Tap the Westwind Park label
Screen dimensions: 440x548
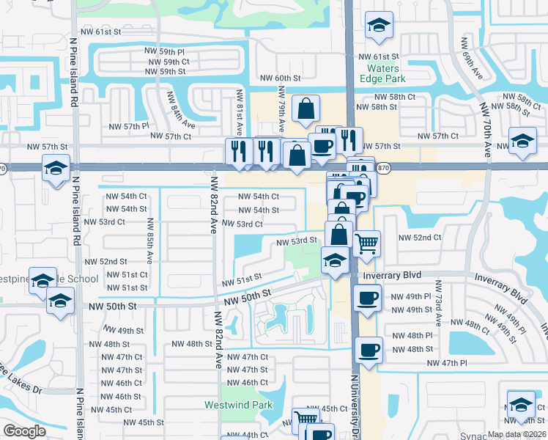(x=238, y=405)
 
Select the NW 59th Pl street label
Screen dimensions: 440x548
(x=165, y=51)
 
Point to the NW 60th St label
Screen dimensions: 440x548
(x=281, y=78)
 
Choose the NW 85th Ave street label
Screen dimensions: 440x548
(x=149, y=241)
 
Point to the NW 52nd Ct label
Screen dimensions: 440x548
(x=419, y=238)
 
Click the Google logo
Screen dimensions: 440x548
(x=24, y=430)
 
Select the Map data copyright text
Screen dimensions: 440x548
(x=516, y=434)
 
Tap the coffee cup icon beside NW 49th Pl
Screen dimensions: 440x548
(x=367, y=297)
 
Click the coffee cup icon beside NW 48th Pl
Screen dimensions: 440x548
(x=369, y=348)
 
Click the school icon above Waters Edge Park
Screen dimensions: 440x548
(x=379, y=26)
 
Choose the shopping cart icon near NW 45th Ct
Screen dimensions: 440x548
(x=305, y=418)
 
